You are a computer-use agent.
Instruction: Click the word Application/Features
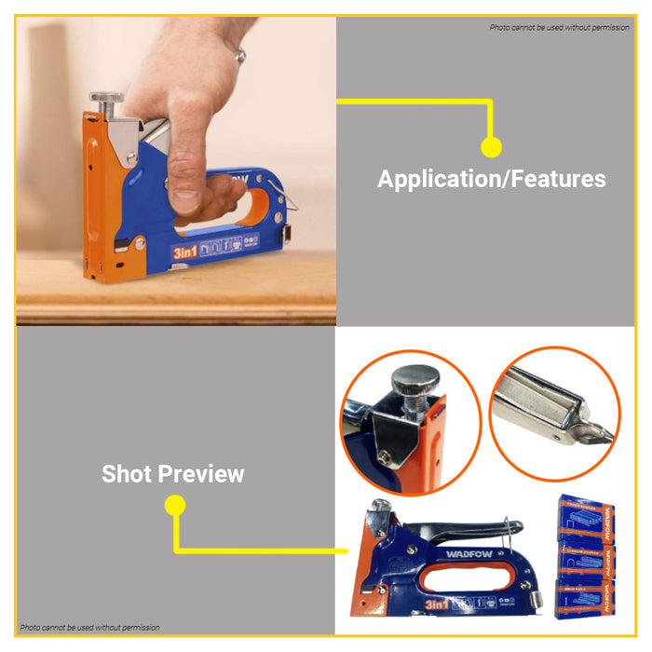[491, 179]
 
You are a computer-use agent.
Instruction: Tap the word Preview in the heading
[201, 473]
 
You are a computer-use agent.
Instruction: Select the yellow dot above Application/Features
[491, 146]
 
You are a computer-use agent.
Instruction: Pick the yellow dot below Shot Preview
[174, 506]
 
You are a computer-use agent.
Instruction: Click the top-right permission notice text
[559, 28]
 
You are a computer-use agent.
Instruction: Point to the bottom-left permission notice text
[90, 628]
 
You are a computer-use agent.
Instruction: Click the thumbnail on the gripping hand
[184, 198]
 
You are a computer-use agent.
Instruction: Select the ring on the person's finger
[240, 56]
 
